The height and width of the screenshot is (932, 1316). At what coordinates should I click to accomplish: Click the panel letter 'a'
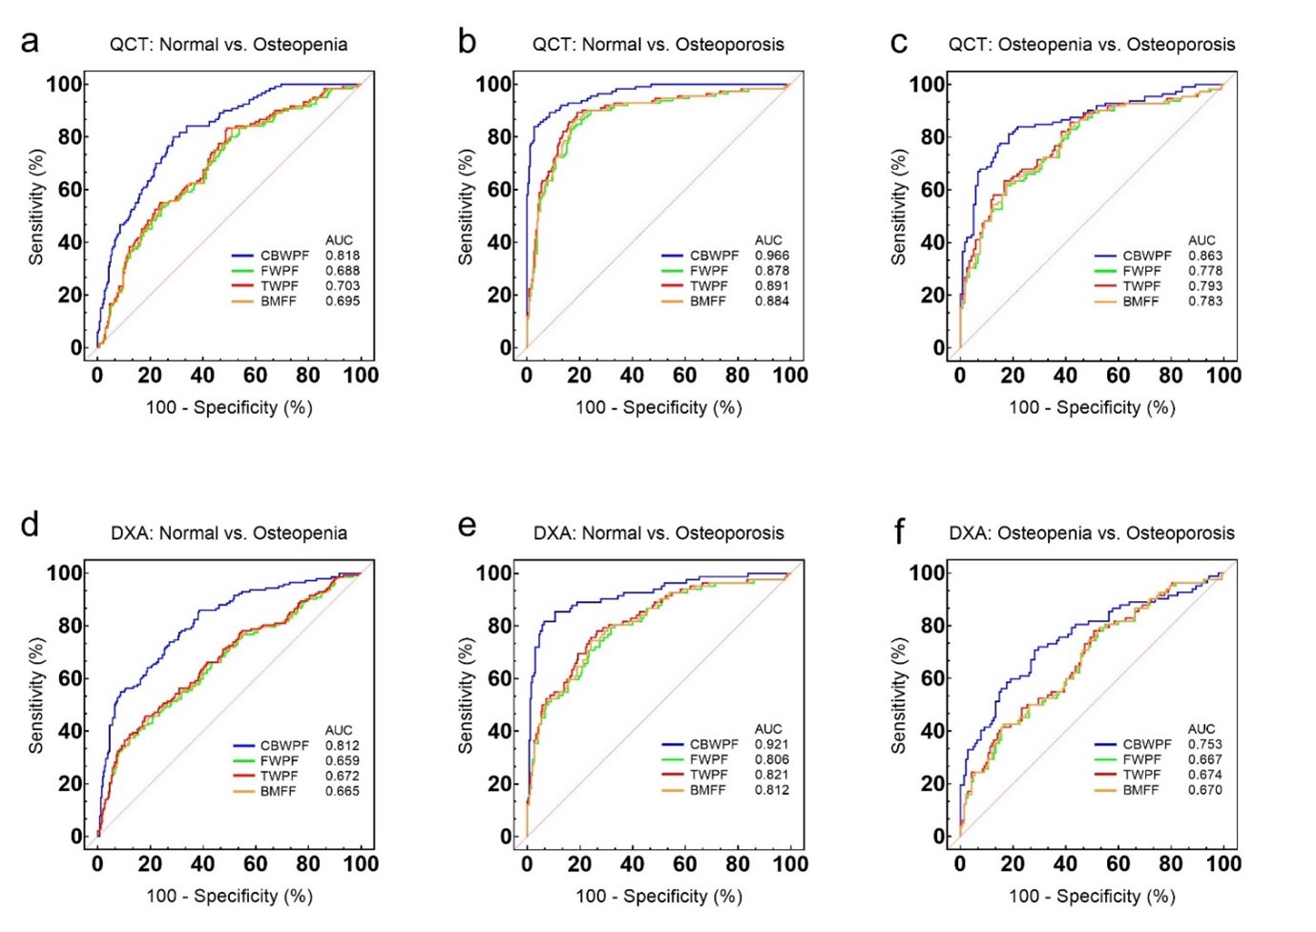click(x=31, y=42)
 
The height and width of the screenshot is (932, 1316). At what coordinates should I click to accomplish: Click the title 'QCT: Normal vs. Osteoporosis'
click(x=658, y=45)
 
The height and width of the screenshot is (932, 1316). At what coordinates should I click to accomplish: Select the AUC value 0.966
click(x=772, y=256)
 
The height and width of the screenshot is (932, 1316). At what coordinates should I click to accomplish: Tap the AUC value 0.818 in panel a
click(x=343, y=256)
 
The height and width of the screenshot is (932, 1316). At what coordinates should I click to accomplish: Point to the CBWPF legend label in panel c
click(x=1147, y=256)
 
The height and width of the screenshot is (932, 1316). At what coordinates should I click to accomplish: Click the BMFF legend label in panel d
click(x=279, y=791)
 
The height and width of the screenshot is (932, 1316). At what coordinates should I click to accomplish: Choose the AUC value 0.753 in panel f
click(x=1205, y=744)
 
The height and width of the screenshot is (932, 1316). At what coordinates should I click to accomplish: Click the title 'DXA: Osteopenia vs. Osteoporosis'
click(x=1091, y=533)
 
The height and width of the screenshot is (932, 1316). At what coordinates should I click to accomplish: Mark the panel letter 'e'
click(x=467, y=526)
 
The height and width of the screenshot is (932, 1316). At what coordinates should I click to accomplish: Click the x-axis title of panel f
click(x=1092, y=896)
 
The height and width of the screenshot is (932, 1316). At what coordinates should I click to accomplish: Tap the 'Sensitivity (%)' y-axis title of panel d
click(x=36, y=695)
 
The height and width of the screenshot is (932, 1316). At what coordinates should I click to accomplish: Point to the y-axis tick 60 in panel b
click(x=500, y=190)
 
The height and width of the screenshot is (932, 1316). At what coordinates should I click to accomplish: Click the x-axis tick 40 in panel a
click(x=202, y=376)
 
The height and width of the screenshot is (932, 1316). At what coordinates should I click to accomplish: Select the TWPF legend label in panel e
click(x=709, y=775)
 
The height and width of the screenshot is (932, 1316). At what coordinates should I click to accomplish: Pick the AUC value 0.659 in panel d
click(x=343, y=761)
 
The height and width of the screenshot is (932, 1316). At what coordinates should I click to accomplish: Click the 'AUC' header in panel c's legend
click(x=1201, y=240)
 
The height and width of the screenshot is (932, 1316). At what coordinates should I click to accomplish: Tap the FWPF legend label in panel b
click(x=709, y=271)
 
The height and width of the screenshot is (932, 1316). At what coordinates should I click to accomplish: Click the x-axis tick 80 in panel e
click(x=738, y=864)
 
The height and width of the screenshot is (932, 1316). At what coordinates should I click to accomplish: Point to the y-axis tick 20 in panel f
click(x=932, y=784)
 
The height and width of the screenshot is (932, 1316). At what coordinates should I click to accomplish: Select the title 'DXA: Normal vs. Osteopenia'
click(x=228, y=533)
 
